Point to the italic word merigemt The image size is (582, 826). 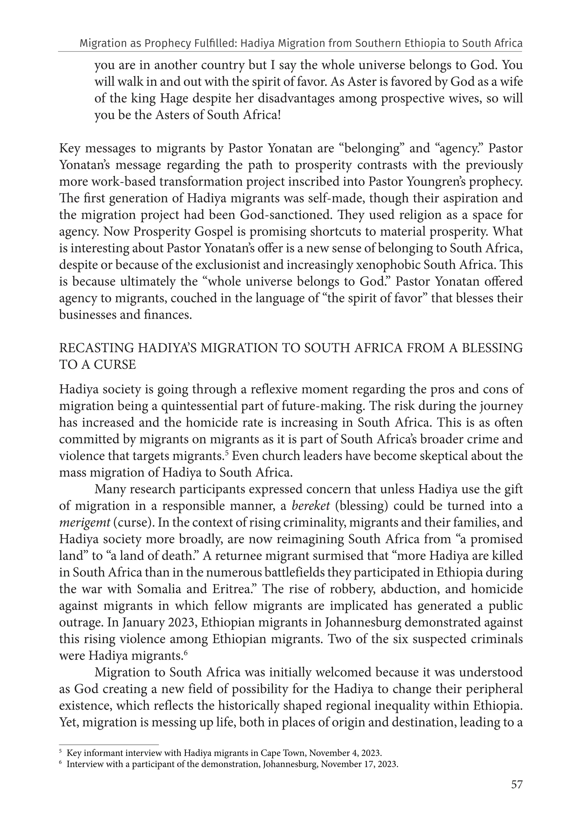click(84, 522)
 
